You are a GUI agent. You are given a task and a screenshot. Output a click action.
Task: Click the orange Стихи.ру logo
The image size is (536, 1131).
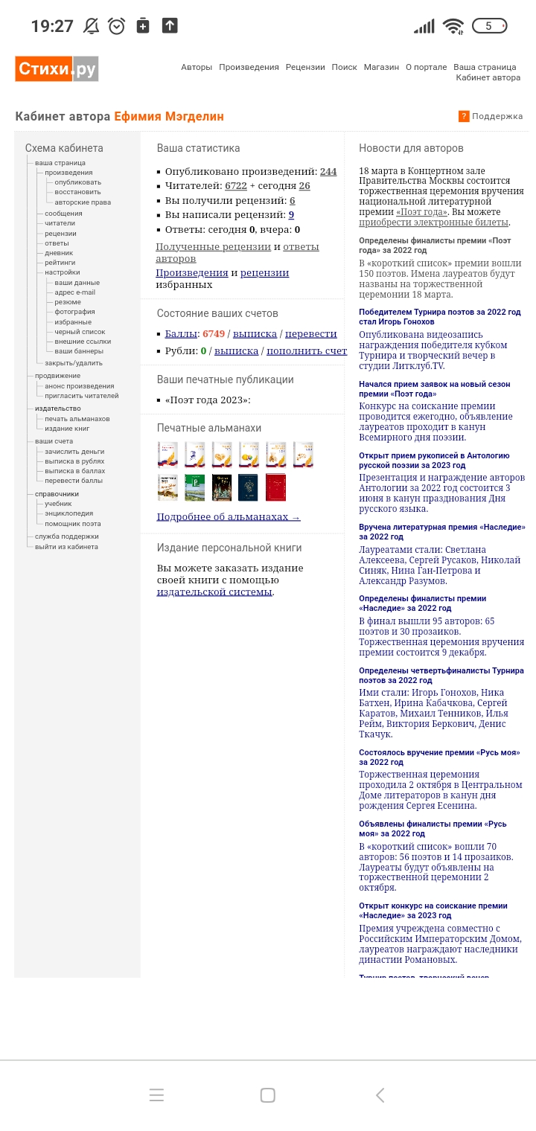[57, 69]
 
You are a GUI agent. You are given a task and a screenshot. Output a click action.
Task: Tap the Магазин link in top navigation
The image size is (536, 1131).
[381, 67]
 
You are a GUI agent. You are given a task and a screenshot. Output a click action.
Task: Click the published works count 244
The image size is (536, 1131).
[328, 171]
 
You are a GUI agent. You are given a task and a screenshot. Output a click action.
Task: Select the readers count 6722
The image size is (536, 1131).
[236, 186]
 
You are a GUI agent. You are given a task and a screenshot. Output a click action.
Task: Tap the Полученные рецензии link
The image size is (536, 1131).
[213, 247]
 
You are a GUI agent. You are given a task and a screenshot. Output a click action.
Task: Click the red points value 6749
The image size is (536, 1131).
[214, 334]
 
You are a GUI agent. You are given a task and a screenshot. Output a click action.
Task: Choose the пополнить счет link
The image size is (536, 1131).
[307, 351]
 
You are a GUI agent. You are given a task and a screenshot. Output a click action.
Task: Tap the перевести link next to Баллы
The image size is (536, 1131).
[310, 334]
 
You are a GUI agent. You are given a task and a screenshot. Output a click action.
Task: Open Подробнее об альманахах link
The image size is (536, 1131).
[228, 517]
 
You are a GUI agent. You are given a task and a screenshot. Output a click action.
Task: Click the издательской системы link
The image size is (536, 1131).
[214, 592]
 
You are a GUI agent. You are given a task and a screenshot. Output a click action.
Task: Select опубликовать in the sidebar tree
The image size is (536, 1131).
[77, 182]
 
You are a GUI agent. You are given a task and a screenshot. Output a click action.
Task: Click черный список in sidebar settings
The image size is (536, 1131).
[80, 332]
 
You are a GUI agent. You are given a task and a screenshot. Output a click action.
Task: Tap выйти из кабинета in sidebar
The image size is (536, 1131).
[66, 547]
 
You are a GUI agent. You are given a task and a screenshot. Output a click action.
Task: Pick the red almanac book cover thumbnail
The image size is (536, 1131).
[275, 487]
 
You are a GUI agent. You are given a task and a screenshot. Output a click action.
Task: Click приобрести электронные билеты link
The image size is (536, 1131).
[433, 222]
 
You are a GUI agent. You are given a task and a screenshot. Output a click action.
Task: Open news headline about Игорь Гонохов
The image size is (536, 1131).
[439, 317]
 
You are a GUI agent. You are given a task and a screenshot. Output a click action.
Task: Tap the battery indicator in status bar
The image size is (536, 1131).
[489, 26]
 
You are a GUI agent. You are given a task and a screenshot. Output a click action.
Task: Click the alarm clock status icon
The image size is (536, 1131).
[117, 26]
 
